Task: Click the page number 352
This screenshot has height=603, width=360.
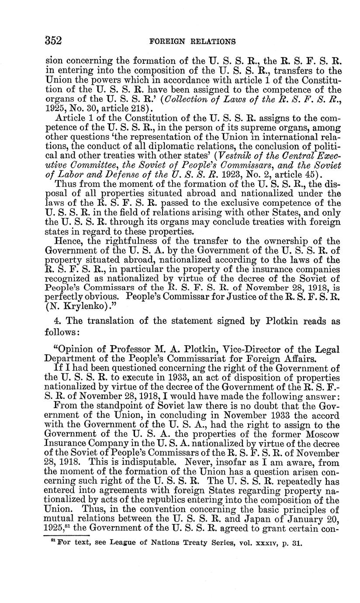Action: (x=54, y=41)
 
